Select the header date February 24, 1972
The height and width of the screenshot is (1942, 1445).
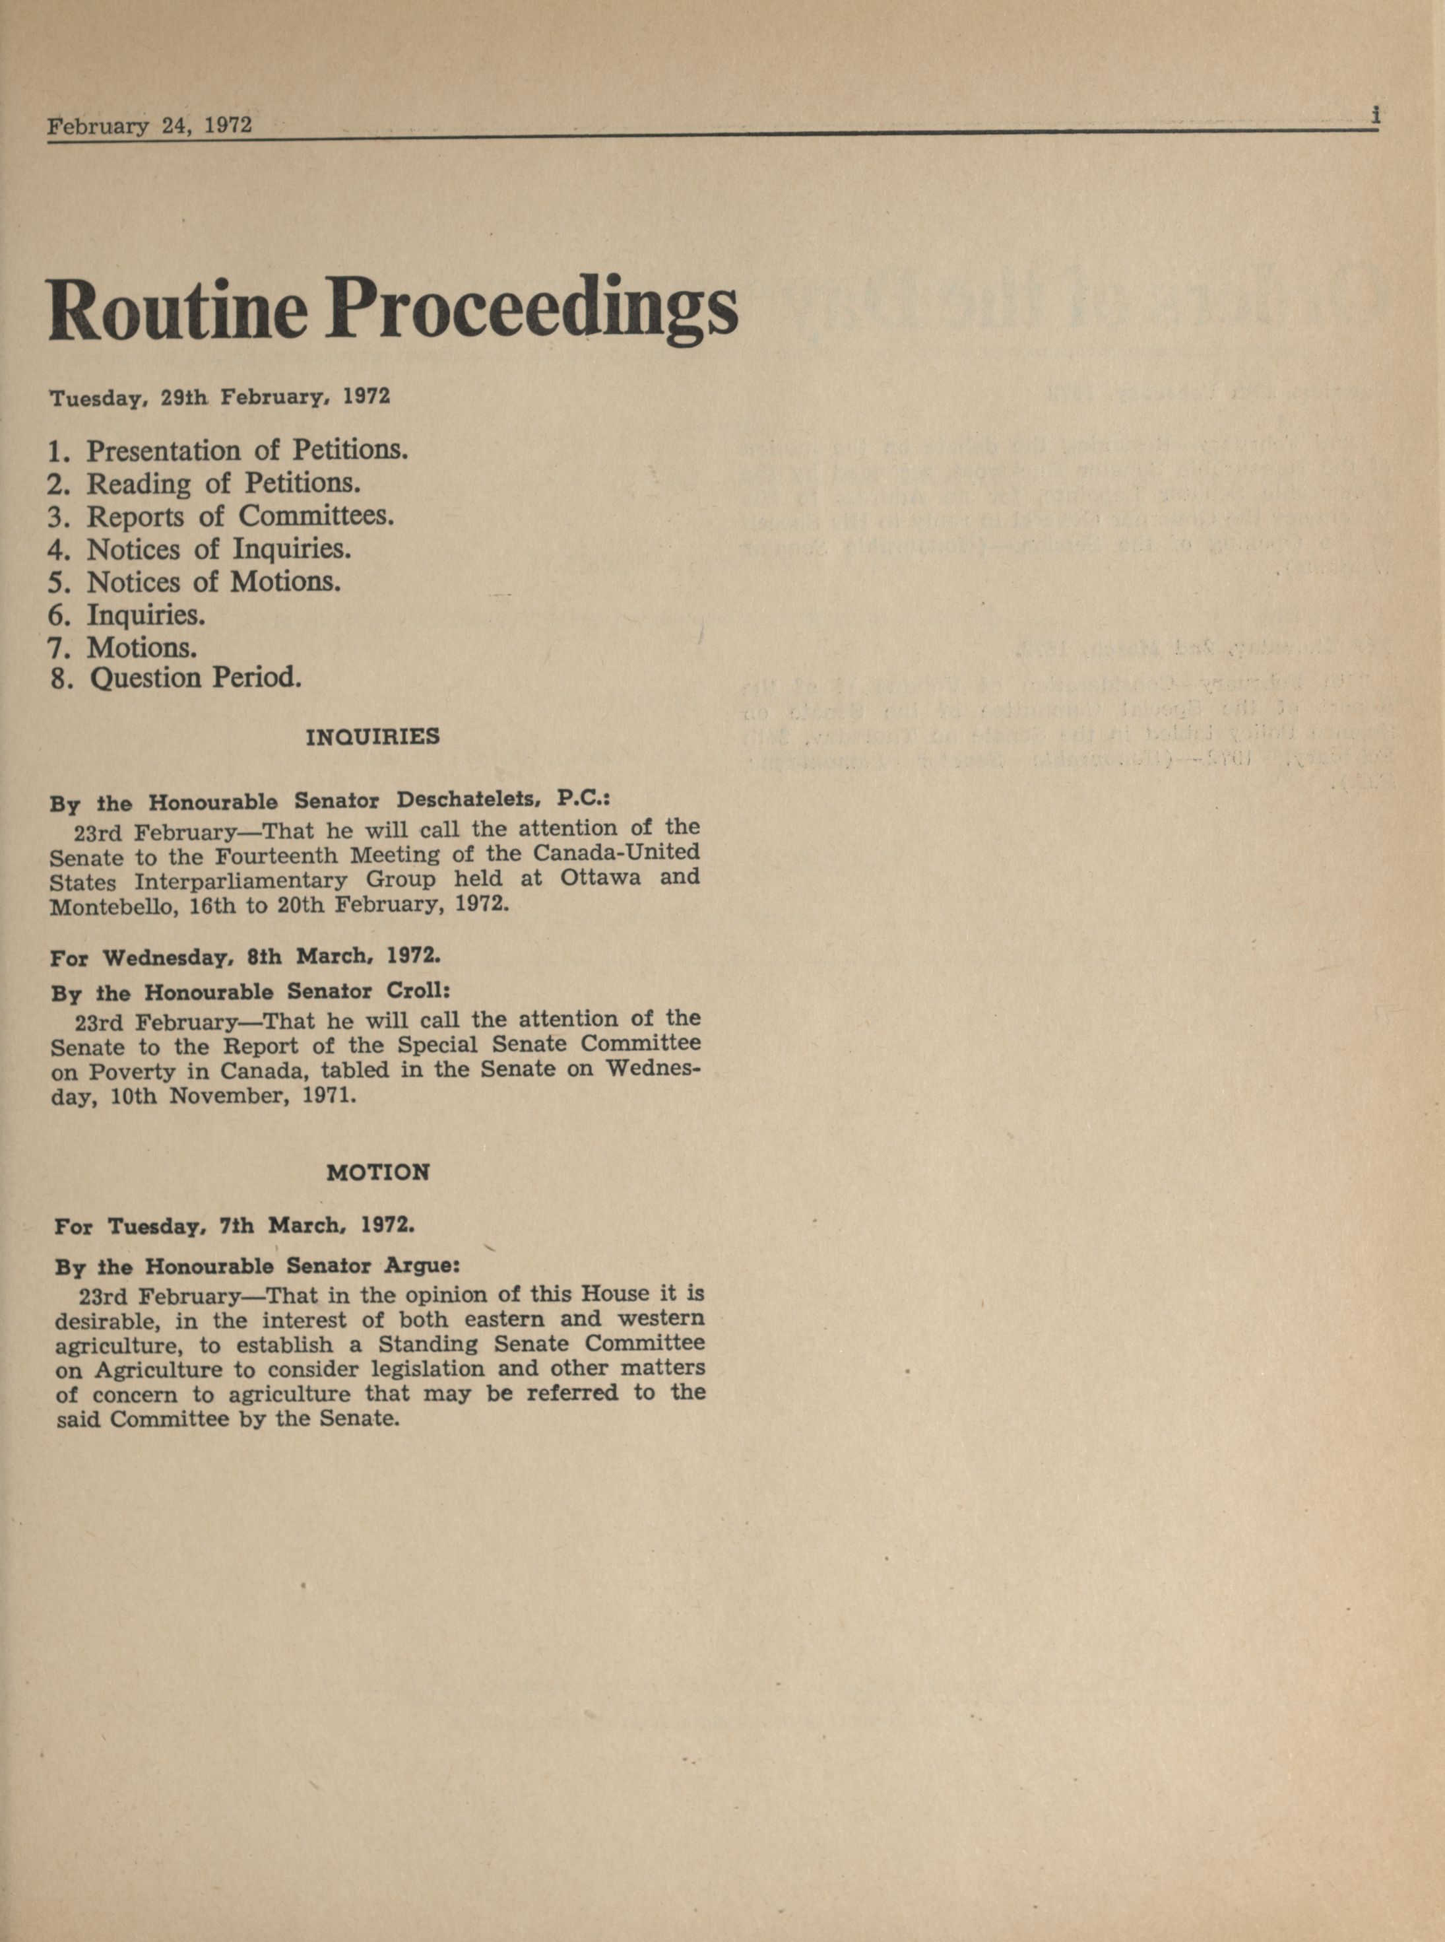[150, 125]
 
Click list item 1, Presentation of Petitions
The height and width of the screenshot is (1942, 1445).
[228, 451]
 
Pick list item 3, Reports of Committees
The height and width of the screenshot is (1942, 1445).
[221, 516]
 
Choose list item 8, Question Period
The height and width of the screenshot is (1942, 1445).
[176, 679]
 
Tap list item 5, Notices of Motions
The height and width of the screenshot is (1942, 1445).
[194, 582]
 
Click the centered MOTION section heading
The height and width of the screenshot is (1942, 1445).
[378, 1173]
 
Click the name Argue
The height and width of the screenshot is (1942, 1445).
[424, 1266]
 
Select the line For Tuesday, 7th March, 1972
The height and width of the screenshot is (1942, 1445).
[234, 1226]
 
